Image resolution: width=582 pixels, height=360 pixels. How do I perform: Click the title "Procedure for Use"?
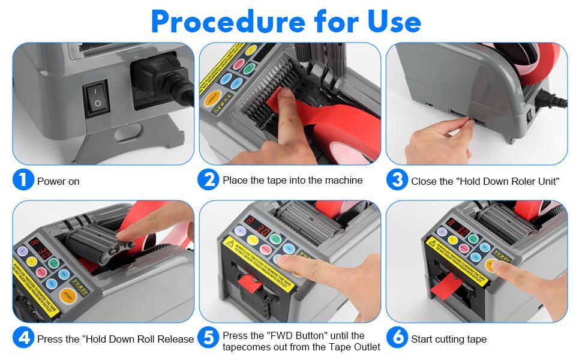pyautogui.click(x=286, y=22)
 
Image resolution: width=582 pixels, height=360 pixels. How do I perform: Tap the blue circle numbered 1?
pyautogui.click(x=23, y=180)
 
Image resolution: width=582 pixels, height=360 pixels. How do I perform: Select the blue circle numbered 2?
pyautogui.click(x=208, y=179)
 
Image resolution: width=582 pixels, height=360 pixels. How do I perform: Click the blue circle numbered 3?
pyautogui.click(x=397, y=180)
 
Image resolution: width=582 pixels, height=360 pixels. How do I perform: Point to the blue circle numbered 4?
pyautogui.click(x=23, y=338)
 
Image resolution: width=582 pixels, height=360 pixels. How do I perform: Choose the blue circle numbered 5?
pyautogui.click(x=208, y=338)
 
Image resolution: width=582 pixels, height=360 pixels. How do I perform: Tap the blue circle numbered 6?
pyautogui.click(x=397, y=338)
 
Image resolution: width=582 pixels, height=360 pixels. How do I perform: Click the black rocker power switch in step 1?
pyautogui.click(x=97, y=97)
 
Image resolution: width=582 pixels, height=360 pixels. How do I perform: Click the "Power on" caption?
pyautogui.click(x=58, y=181)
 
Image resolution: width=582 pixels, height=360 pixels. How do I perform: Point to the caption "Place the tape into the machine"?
pyautogui.click(x=292, y=180)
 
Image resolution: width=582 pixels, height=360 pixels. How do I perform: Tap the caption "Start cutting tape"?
pyautogui.click(x=449, y=340)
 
